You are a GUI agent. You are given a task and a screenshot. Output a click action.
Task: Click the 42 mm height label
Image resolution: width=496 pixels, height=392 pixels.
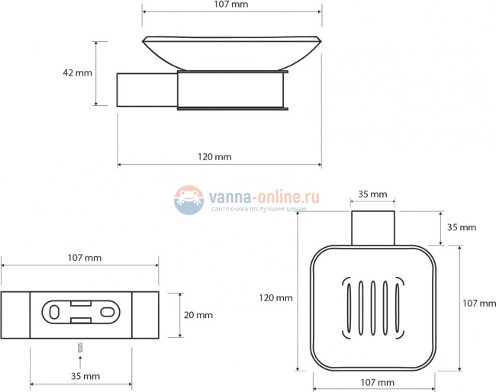[x=77, y=72]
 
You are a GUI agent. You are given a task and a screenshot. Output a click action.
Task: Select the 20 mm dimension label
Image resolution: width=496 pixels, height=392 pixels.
[x=198, y=315]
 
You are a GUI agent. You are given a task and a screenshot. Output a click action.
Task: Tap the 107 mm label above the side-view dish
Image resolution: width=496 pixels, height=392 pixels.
[x=231, y=5]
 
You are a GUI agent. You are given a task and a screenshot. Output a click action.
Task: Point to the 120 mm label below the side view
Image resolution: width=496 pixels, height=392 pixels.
[x=214, y=157]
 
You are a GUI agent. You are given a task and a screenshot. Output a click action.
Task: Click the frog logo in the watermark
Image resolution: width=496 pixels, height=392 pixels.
[x=188, y=200]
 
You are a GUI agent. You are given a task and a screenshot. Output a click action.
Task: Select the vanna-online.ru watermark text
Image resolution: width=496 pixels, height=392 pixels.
[x=264, y=198]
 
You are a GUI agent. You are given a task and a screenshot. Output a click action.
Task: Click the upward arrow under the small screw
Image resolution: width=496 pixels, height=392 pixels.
[x=80, y=362]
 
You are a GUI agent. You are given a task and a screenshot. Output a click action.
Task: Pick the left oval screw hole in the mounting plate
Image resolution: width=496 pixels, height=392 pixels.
[x=54, y=313]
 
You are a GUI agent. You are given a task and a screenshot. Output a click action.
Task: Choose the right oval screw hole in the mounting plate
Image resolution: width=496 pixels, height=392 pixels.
[x=108, y=313]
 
